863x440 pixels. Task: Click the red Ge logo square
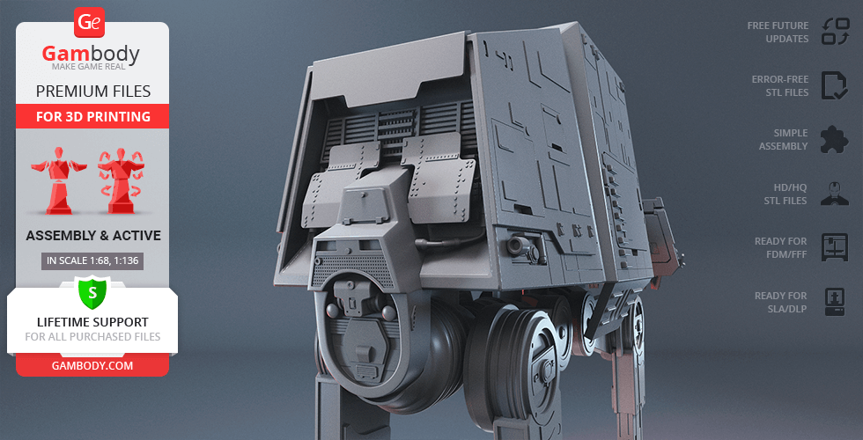(x=89, y=23)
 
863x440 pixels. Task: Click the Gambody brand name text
(x=91, y=54)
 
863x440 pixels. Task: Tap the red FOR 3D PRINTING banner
(x=93, y=116)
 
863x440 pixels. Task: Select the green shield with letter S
(x=92, y=293)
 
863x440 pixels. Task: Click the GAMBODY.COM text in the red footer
(x=92, y=366)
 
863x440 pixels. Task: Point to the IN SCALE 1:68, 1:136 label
(x=92, y=260)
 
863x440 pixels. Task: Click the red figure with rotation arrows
(x=122, y=180)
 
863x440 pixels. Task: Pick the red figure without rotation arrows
(x=58, y=180)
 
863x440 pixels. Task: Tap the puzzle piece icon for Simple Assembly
(x=835, y=140)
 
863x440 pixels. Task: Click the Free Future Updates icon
(x=836, y=32)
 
